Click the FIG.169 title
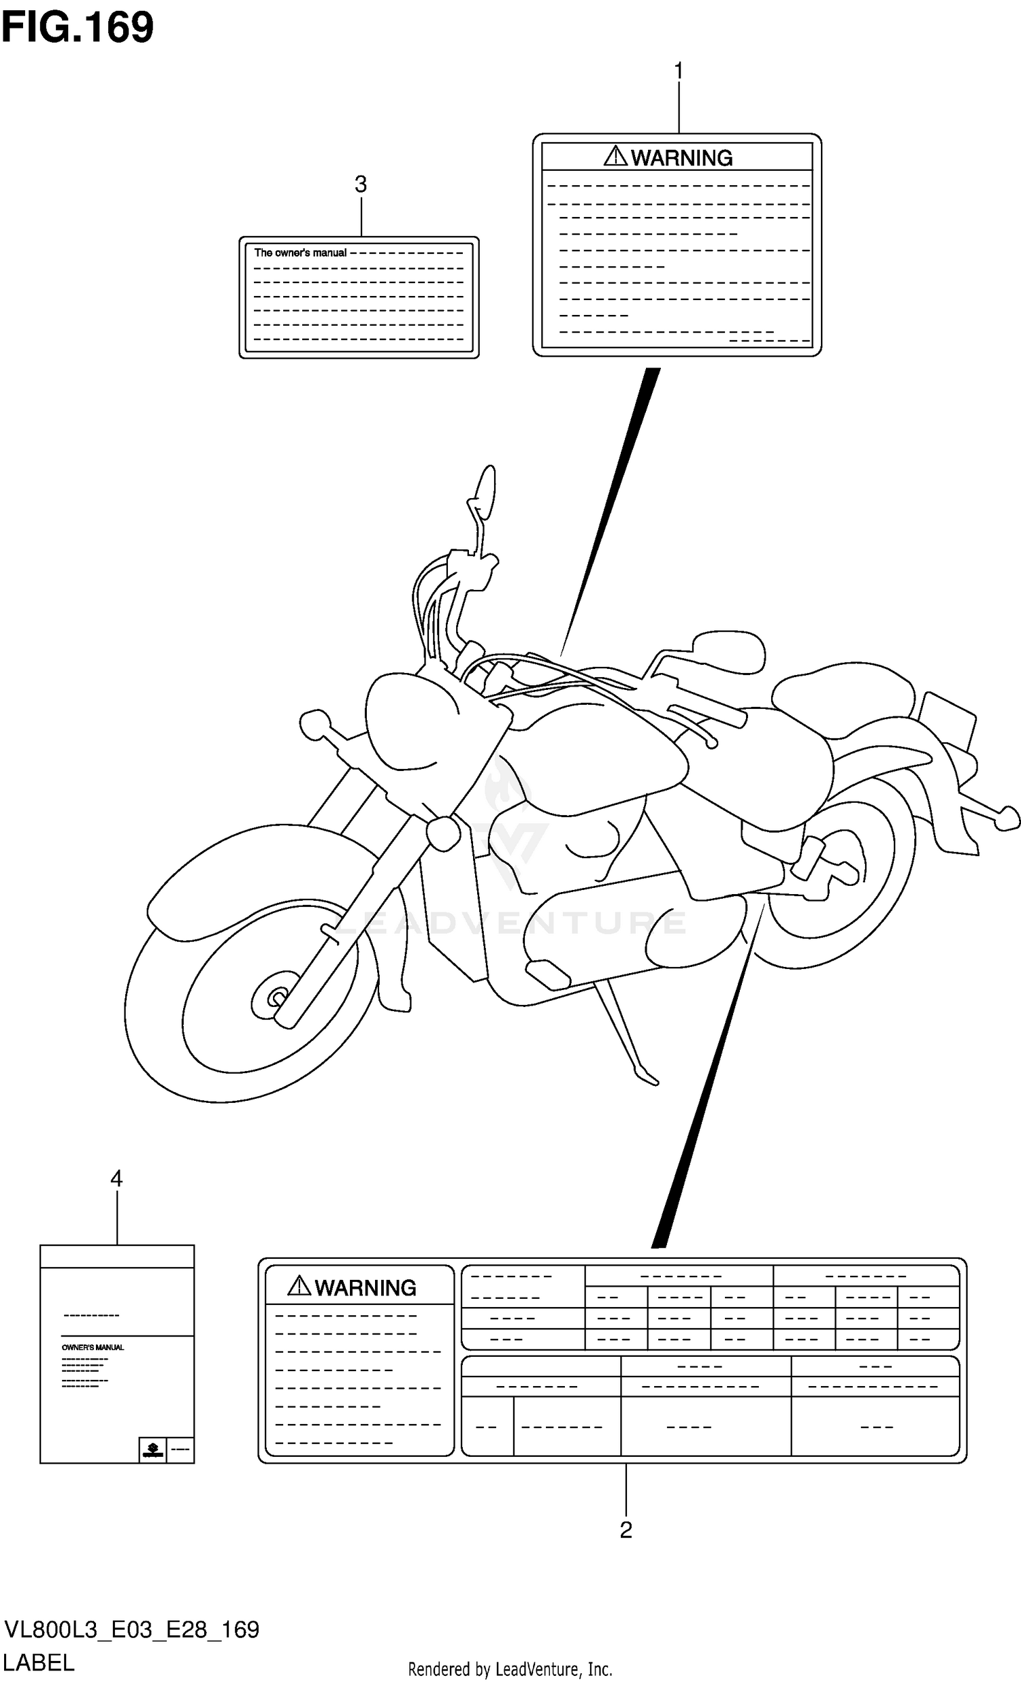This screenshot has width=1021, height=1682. [x=77, y=29]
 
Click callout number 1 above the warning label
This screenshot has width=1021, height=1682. [x=678, y=71]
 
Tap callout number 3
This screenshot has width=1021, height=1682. [x=361, y=184]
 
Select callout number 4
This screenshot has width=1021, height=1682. [x=116, y=1178]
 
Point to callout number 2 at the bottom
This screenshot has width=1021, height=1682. [x=626, y=1530]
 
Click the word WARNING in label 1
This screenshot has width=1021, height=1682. [x=681, y=159]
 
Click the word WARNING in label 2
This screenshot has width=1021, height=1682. [x=366, y=1288]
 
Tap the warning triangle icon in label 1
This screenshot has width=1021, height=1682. [x=615, y=156]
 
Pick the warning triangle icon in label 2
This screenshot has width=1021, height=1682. [x=299, y=1286]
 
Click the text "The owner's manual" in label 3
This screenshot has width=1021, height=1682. [x=300, y=252]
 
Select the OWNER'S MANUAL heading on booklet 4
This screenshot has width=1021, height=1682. [x=93, y=1347]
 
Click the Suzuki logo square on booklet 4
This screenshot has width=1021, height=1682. [x=152, y=1449]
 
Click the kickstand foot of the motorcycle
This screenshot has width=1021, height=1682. [x=647, y=1078]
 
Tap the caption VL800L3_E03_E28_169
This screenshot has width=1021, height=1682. [x=132, y=1630]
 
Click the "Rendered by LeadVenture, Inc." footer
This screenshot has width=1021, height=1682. [x=510, y=1670]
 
